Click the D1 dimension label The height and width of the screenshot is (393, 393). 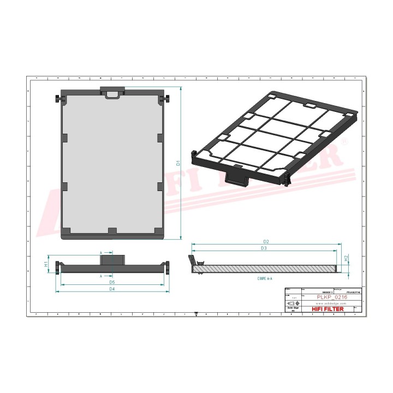(x=178, y=163)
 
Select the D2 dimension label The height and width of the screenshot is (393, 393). (x=266, y=241)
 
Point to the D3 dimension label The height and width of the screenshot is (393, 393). (x=263, y=248)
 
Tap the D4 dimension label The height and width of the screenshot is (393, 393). (x=112, y=289)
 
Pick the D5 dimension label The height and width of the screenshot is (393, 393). (x=112, y=282)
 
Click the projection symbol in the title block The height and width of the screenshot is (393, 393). (x=291, y=303)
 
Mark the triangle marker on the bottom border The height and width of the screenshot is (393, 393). (x=196, y=314)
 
